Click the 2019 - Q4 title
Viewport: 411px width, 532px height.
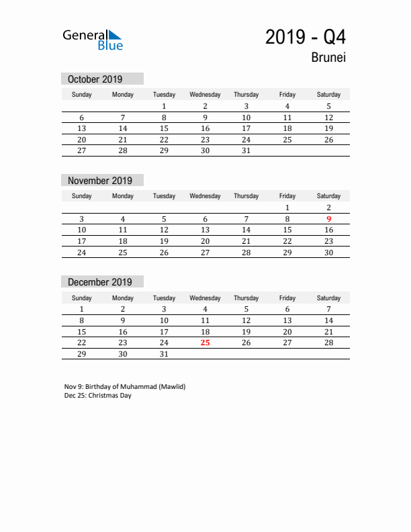(x=306, y=37)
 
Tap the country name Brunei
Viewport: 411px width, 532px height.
(x=328, y=58)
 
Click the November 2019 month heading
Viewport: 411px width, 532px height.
(x=100, y=180)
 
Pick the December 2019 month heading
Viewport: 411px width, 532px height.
(x=100, y=282)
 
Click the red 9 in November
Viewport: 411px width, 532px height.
(x=328, y=218)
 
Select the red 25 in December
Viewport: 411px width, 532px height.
(x=205, y=343)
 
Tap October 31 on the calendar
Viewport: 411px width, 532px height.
(x=246, y=150)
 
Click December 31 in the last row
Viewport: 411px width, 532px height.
(x=164, y=354)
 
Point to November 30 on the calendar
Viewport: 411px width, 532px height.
(x=328, y=253)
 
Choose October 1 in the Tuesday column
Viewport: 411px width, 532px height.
(x=164, y=106)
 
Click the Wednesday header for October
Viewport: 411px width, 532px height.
(x=205, y=95)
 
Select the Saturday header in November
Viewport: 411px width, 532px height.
(x=328, y=196)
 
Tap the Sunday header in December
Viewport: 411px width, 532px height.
(x=82, y=298)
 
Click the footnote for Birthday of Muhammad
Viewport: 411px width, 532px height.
(x=125, y=386)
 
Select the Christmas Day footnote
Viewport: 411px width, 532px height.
(x=98, y=395)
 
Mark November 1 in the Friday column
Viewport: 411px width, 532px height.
(x=287, y=208)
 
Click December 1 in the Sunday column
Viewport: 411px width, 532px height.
(x=82, y=309)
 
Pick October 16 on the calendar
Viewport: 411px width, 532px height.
(x=205, y=128)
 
